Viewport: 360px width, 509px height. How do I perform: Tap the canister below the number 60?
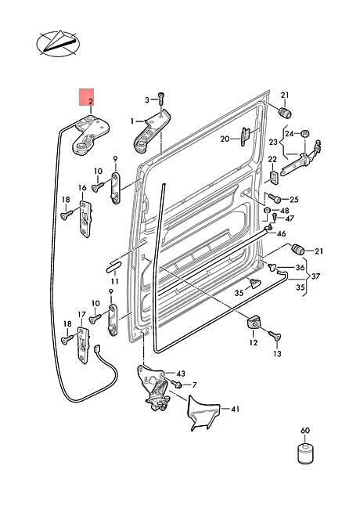[305, 455]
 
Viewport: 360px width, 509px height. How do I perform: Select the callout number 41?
[235, 409]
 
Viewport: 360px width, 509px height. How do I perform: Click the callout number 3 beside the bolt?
[146, 99]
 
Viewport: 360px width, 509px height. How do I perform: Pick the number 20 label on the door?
[224, 139]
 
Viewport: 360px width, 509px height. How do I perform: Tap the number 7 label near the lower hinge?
[194, 384]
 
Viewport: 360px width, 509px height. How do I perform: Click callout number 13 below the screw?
[276, 354]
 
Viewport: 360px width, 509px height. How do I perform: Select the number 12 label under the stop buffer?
[253, 342]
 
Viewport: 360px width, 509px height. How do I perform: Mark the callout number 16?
[81, 188]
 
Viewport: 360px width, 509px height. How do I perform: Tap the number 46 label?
[281, 233]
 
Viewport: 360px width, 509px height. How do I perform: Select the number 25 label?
[293, 200]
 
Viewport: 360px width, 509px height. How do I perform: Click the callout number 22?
[273, 161]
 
